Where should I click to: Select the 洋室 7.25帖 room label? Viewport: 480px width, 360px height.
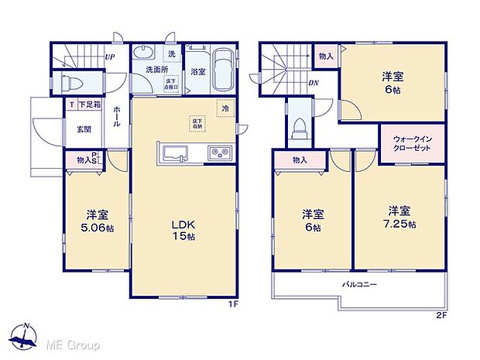[400, 218]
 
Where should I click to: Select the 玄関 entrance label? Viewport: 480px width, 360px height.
[84, 129]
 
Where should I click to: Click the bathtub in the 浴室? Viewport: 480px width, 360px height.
[224, 69]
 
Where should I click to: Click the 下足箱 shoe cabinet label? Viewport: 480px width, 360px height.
[87, 104]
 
